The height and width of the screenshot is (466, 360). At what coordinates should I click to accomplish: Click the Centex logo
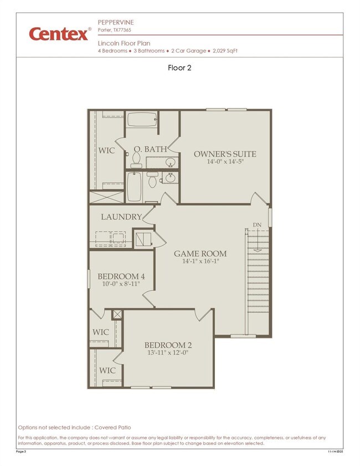(x=59, y=34)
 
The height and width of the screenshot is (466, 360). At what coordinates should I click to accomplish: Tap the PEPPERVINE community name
(x=116, y=22)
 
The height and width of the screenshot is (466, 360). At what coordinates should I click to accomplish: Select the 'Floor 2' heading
(x=179, y=68)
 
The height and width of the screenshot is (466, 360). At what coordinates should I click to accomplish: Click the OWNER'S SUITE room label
(x=225, y=154)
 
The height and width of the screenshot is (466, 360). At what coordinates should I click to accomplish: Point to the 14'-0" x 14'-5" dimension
(x=225, y=162)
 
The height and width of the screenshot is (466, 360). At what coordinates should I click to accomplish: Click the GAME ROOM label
(x=200, y=253)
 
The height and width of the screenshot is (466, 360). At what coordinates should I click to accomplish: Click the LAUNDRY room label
(x=121, y=217)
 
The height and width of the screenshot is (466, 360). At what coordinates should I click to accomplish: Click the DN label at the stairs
(x=257, y=224)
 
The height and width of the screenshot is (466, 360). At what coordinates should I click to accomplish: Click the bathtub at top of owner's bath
(x=141, y=121)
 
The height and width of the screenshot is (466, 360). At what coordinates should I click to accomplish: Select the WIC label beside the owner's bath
(x=107, y=151)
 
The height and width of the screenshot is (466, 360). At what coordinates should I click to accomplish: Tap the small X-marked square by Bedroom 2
(x=117, y=314)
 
